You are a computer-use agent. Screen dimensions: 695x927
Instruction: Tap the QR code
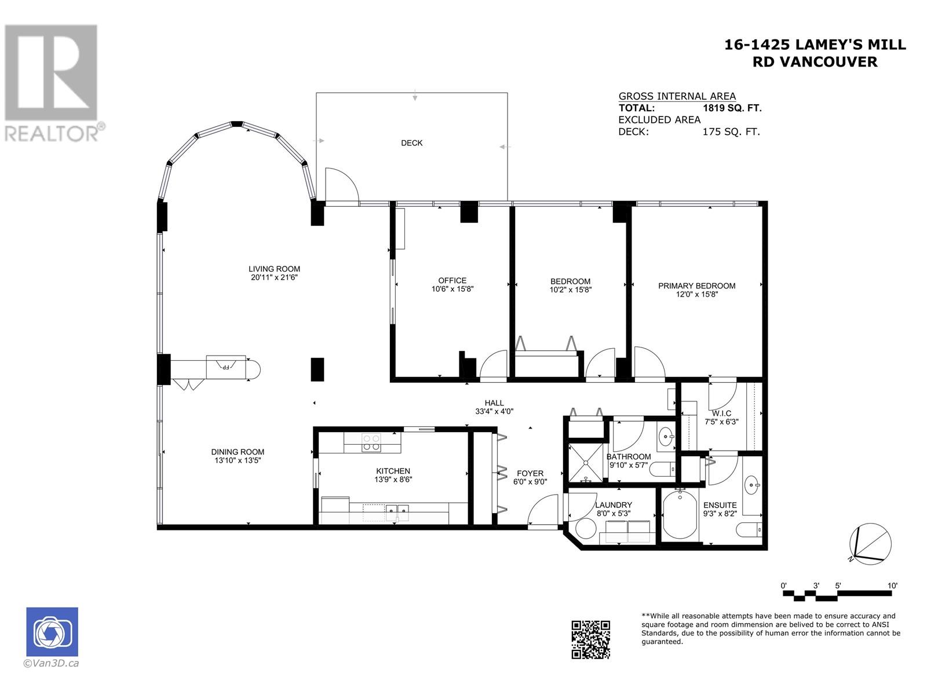pos(590,639)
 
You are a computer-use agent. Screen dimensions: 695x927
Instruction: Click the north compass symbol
pos(870,544)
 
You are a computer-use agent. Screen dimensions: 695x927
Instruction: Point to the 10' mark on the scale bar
pos(892,586)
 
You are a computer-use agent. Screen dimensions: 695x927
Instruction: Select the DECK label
pos(411,143)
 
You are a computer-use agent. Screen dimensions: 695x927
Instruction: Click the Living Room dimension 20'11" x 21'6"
pos(274,277)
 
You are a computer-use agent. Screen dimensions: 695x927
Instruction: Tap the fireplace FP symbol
pos(226,367)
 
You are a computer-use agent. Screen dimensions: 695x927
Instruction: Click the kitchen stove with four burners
pos(371,442)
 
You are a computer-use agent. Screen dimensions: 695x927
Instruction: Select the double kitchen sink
pos(397,510)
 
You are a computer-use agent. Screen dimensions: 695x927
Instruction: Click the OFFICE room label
pos(452,280)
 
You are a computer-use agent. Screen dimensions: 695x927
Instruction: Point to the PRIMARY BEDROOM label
pos(696,286)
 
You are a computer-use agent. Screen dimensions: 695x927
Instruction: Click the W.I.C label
pos(721,413)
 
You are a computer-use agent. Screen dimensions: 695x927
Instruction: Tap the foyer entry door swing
pos(543,511)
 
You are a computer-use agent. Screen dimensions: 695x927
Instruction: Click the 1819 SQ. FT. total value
pos(731,108)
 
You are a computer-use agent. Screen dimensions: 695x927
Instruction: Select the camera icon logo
pos(52,632)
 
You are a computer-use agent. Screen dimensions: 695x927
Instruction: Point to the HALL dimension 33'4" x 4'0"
pos(494,411)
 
